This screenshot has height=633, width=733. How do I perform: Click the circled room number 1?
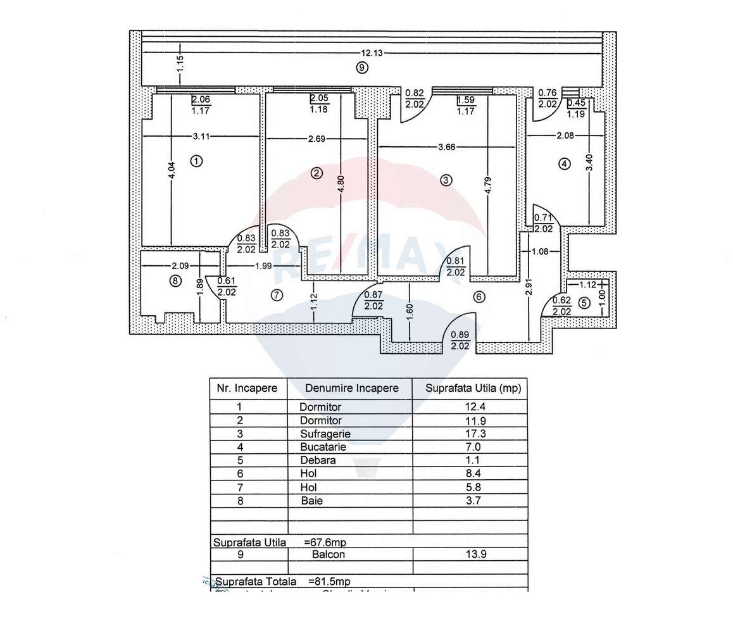point(197,161)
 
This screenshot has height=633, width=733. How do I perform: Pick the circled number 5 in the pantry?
point(584,303)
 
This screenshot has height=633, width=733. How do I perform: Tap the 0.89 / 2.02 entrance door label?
point(460,342)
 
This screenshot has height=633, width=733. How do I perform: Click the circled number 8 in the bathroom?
point(175,281)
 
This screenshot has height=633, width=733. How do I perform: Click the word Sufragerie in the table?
point(325,434)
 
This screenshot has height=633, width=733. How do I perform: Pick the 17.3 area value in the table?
point(470,434)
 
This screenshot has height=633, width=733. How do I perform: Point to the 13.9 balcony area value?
point(470,554)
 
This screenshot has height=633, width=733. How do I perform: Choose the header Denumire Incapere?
point(351,388)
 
